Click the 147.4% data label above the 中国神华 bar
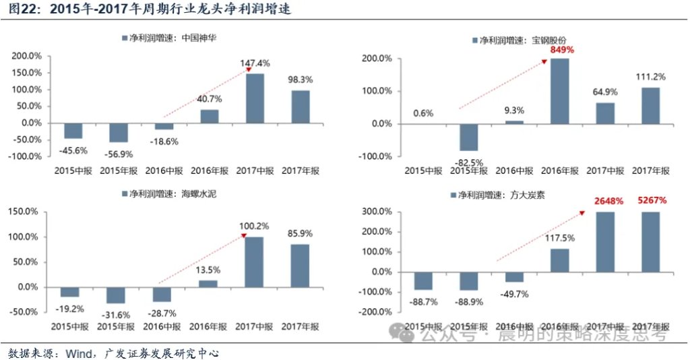255,63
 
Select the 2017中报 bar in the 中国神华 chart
255,98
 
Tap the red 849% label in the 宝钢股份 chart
562,50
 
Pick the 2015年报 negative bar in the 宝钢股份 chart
469,138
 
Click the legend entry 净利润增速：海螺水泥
169,193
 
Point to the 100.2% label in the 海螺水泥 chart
254,226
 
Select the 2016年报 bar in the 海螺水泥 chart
208,284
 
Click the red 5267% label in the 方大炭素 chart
652,200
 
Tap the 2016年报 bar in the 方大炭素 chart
560,260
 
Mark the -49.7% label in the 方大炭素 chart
514,294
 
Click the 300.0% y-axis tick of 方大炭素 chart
376,212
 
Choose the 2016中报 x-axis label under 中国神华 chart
164,171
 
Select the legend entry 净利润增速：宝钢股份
520,40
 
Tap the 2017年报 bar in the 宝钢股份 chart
651,106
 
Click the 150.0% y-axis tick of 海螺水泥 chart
23,212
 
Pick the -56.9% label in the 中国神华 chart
119,154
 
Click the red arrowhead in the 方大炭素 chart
582,213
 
